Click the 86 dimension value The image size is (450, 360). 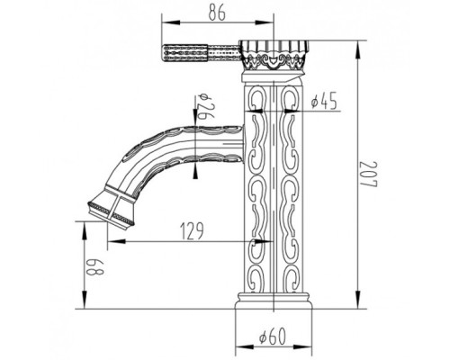217,13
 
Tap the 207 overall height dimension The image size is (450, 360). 368,175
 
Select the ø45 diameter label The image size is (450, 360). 324,101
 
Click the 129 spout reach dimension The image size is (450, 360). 192,231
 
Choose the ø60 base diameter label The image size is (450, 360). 273,337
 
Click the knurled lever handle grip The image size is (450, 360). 185,54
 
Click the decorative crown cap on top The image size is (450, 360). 274,54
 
